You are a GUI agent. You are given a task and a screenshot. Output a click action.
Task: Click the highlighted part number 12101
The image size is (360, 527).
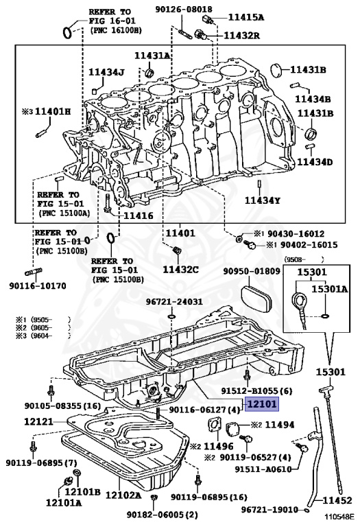[x=262, y=404]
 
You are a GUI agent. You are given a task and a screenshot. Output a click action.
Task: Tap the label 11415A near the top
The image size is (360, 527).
[x=245, y=17]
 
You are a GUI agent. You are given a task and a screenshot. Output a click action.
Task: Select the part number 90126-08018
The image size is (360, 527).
[x=183, y=10]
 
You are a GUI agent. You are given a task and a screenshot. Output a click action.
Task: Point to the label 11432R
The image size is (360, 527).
[x=241, y=35]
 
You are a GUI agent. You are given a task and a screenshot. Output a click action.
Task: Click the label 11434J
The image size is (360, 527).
[x=106, y=72]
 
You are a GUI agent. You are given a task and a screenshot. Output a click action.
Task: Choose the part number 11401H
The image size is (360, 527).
[x=53, y=111]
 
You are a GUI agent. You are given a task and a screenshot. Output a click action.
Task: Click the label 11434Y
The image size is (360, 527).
[x=262, y=200]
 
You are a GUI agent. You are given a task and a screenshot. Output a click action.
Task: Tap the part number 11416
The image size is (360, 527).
[x=139, y=215]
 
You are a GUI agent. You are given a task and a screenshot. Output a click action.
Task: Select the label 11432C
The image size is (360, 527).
[x=180, y=269]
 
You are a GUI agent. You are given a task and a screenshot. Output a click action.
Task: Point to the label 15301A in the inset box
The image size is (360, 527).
[x=330, y=288]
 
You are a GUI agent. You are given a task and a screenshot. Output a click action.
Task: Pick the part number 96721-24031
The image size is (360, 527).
[x=174, y=302]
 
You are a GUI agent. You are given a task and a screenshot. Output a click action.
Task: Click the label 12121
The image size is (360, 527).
[x=38, y=421]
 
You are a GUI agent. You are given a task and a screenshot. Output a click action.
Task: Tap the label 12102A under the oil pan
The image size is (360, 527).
[x=123, y=495]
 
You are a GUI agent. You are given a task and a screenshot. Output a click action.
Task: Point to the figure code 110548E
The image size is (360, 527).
[x=339, y=516]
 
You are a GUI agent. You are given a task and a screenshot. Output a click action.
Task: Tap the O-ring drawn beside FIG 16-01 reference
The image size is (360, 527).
[x=67, y=33]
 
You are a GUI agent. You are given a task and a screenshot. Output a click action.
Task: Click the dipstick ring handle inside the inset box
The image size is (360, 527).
[x=297, y=299]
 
